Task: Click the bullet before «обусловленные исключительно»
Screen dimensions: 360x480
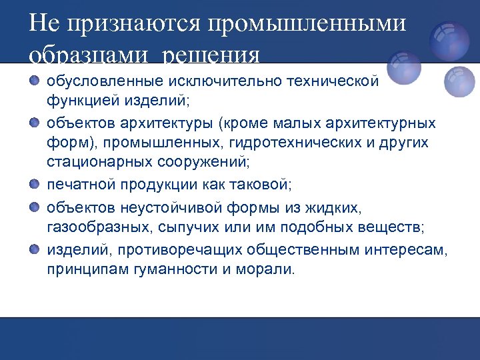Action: click(x=35, y=81)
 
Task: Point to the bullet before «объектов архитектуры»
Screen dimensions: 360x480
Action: click(x=35, y=124)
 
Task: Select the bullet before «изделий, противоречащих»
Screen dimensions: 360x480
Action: click(x=35, y=249)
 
